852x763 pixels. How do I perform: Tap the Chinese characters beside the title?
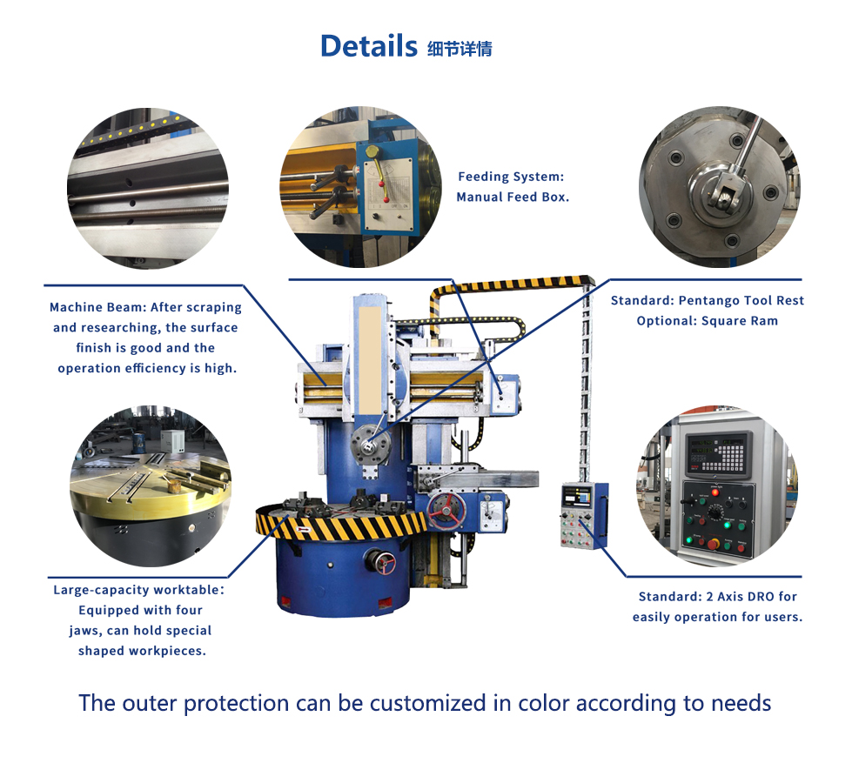[x=460, y=49]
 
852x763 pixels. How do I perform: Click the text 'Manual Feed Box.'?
[x=513, y=197]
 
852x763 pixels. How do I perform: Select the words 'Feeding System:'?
[x=511, y=177]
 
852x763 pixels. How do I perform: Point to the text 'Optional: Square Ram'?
[x=707, y=321]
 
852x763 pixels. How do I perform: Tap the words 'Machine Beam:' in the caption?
[x=98, y=307]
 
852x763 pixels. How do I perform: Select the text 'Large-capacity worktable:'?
[x=138, y=590]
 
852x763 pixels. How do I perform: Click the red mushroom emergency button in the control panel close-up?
[x=713, y=544]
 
